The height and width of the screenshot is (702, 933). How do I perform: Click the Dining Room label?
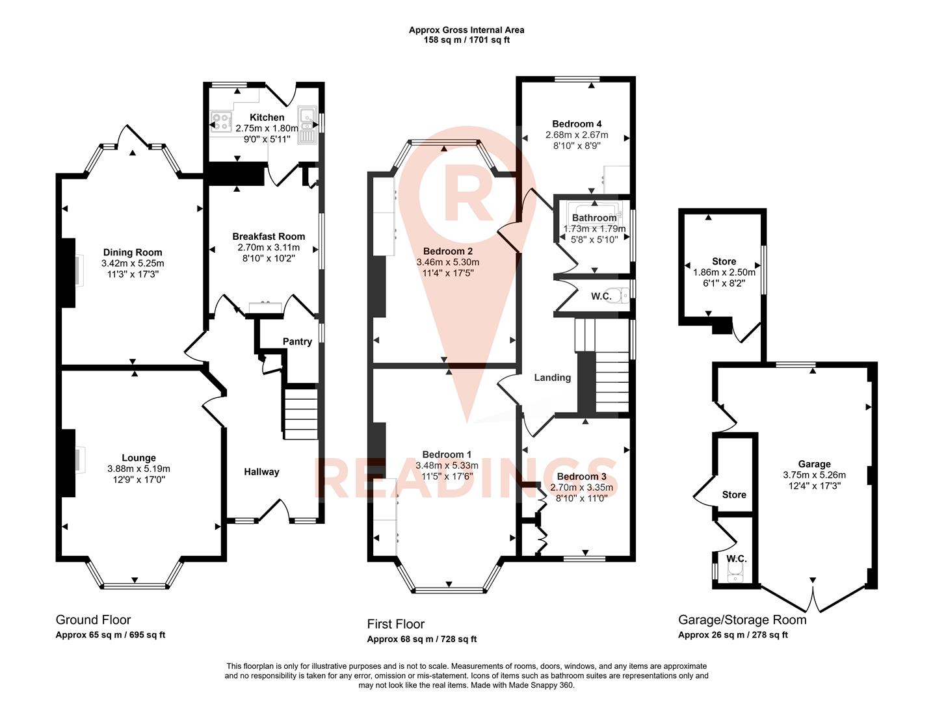(x=133, y=252)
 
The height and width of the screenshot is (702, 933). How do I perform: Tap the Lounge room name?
(x=138, y=458)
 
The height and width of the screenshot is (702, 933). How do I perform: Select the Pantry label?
(x=297, y=341)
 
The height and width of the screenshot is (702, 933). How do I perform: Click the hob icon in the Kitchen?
(x=220, y=122)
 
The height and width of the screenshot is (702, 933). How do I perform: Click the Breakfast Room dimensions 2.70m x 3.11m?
(x=269, y=247)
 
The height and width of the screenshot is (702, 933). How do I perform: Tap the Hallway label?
(x=261, y=472)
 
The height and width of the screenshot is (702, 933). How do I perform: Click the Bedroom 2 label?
(x=447, y=251)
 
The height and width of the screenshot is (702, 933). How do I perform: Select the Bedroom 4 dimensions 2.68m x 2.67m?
(x=577, y=135)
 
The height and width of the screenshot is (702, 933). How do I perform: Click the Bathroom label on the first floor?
(x=594, y=218)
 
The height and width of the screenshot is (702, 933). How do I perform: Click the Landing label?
(x=552, y=378)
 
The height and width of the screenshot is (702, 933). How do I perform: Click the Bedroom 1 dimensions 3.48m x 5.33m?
(x=447, y=465)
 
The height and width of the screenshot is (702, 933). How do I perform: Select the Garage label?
(x=814, y=464)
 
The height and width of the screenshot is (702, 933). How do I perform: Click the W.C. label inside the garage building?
(x=736, y=559)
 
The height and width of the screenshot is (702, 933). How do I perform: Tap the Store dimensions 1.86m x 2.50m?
(x=724, y=273)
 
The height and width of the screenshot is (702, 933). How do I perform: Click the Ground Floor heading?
(x=93, y=619)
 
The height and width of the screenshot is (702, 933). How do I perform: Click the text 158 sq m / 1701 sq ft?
(x=466, y=40)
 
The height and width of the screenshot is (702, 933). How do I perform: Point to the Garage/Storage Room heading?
(x=742, y=619)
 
